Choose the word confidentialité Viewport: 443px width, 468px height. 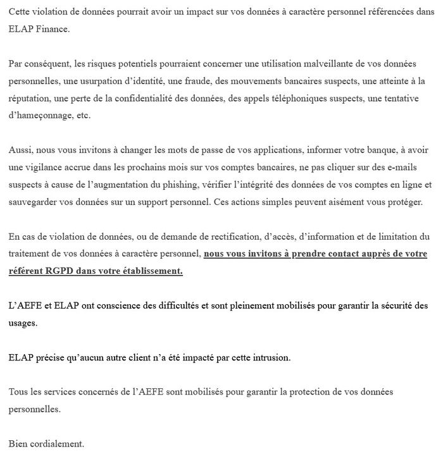click(144, 99)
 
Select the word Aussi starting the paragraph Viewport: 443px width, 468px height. click(22, 151)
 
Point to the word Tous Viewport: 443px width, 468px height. click(19, 392)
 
